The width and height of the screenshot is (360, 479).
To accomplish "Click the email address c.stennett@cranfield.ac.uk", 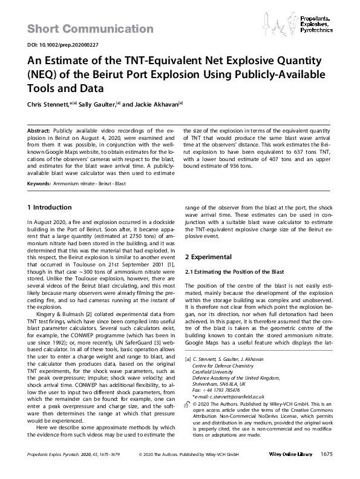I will click(x=234, y=397).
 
